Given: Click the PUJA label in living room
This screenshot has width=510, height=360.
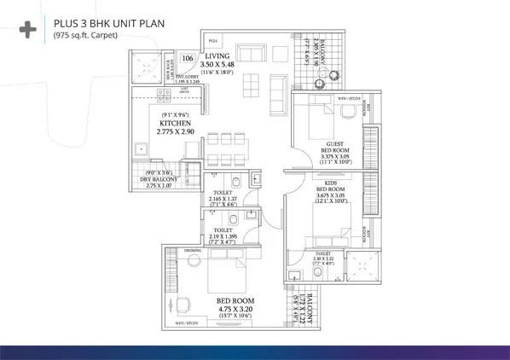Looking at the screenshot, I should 214,38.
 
